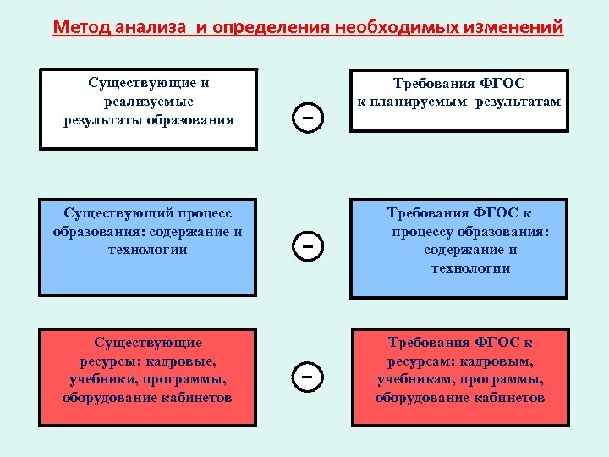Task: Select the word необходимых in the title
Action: [391, 28]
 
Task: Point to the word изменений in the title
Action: [513, 28]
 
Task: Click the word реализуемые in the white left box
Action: [149, 102]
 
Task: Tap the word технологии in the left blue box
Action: [148, 250]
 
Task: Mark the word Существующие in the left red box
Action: [148, 343]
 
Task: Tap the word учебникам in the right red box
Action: [410, 379]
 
